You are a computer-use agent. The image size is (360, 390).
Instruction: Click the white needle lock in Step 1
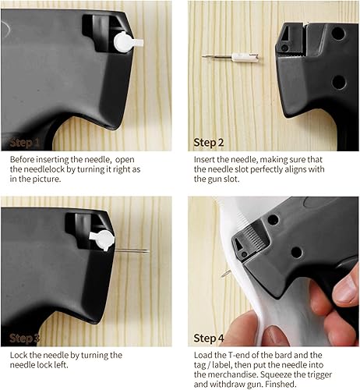click(126, 42)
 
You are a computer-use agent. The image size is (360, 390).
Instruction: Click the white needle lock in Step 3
click(103, 240)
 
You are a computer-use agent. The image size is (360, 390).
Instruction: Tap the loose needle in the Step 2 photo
click(231, 56)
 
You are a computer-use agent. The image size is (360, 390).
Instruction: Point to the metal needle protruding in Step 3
click(132, 250)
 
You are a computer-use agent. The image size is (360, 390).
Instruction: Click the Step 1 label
click(24, 143)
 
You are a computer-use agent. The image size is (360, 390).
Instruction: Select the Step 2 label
click(209, 143)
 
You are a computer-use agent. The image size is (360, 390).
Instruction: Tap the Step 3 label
click(24, 339)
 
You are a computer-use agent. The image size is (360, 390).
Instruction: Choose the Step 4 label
click(209, 339)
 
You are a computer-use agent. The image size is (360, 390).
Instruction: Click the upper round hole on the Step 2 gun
click(338, 34)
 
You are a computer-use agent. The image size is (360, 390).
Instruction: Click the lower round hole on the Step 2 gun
click(339, 82)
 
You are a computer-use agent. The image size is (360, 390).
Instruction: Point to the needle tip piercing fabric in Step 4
click(225, 274)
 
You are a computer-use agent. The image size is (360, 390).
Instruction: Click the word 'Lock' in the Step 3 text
click(19, 355)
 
